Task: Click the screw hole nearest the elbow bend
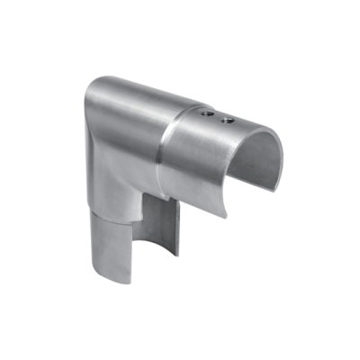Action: coord(207,116)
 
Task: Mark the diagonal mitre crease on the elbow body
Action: coord(117,171)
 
